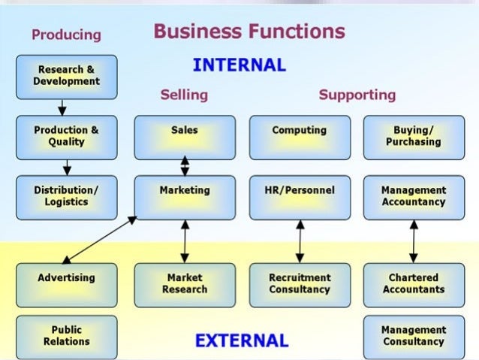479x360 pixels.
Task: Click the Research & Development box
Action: tap(66, 77)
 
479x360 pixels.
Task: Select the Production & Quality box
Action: tap(66, 137)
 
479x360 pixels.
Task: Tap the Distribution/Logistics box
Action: tap(66, 197)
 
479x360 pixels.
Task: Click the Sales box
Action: tap(185, 137)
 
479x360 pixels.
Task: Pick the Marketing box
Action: tap(185, 197)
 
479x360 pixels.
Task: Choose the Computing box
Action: tap(300, 137)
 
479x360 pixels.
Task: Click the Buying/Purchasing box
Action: tap(413, 137)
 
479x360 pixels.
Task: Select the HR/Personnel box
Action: tap(300, 197)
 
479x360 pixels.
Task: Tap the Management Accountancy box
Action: tap(413, 197)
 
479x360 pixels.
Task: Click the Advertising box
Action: tap(66, 284)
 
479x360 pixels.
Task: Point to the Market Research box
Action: tap(185, 284)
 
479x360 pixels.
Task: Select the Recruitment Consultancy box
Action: tap(300, 284)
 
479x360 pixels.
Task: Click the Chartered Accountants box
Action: tap(413, 284)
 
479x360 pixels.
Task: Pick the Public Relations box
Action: tap(66, 336)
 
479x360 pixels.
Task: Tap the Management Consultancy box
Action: tap(413, 336)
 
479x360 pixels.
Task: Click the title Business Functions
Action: tap(249, 32)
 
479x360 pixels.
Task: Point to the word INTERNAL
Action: tap(239, 65)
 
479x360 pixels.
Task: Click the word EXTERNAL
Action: tap(241, 341)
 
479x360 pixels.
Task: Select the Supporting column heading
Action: tap(357, 95)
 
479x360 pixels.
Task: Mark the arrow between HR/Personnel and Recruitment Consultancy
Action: tap(300, 241)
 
